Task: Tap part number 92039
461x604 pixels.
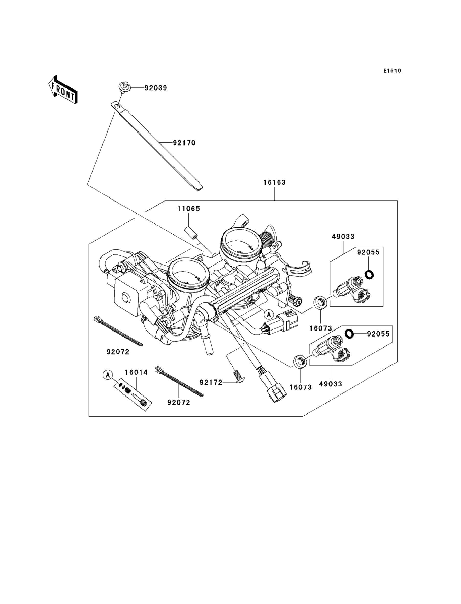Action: tap(156, 88)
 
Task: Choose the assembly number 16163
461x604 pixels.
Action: tap(274, 182)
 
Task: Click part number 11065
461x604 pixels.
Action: tap(189, 209)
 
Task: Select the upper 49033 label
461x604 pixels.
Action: tap(343, 236)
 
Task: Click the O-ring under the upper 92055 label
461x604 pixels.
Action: tap(369, 274)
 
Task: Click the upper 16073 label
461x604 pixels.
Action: tap(320, 328)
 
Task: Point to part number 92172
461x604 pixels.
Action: tap(211, 382)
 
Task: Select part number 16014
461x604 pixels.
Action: tap(136, 372)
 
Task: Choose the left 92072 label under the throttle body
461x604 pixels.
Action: tap(118, 352)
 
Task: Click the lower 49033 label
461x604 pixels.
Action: tap(330, 384)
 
